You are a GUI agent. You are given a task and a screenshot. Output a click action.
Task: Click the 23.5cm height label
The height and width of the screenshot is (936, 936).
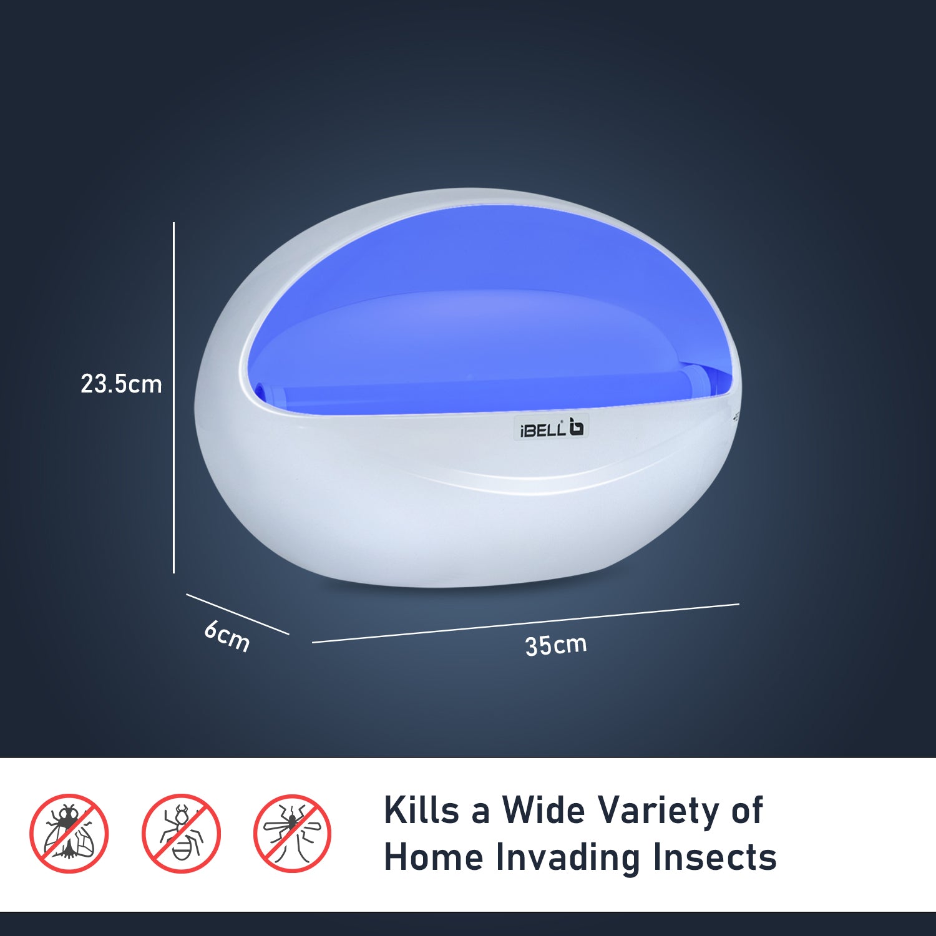point(121,384)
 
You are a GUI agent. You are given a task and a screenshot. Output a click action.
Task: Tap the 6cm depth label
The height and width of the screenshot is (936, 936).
point(227,636)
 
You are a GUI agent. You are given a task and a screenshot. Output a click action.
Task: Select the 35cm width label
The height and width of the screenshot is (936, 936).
point(556,645)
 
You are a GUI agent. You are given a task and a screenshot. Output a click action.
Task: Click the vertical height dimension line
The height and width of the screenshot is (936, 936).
point(173,397)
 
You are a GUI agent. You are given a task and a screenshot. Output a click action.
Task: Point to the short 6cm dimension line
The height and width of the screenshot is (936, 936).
point(238,614)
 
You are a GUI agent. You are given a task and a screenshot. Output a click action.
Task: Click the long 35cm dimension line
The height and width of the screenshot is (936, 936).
point(525,623)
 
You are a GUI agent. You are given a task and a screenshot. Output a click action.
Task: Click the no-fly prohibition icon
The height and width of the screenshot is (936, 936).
point(69,834)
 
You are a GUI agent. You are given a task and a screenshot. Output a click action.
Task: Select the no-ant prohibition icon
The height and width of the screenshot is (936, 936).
point(181,834)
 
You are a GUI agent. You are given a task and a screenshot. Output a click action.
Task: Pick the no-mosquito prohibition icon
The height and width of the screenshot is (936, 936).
point(292,834)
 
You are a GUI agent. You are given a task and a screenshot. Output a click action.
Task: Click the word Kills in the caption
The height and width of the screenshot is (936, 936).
point(422,810)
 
